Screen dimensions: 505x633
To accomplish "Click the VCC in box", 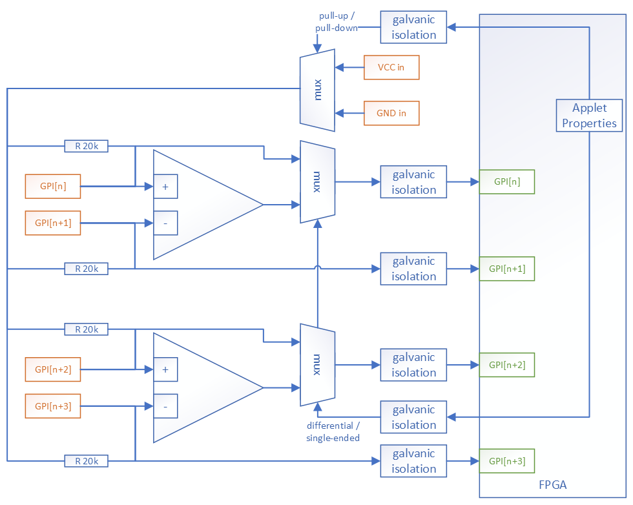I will click(x=391, y=67).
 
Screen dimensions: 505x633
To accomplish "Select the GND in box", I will click(x=391, y=113).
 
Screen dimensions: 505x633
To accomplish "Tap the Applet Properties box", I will click(x=589, y=116).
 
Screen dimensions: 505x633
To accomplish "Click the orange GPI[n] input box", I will click(x=53, y=186).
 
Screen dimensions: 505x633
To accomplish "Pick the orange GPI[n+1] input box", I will click(x=53, y=223).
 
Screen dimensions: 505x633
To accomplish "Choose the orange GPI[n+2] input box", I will click(x=53, y=369).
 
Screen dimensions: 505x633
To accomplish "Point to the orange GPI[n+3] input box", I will click(x=53, y=406).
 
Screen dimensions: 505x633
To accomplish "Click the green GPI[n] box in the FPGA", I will click(x=506, y=181).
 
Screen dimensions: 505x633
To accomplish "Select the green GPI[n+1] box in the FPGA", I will click(x=506, y=269).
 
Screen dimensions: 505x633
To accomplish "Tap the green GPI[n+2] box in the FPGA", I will click(x=506, y=365).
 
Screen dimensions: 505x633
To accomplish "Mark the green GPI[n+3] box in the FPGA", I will click(x=506, y=461).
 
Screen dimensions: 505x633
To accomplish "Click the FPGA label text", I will click(x=552, y=485).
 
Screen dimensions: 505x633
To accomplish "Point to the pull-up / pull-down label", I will click(x=336, y=21).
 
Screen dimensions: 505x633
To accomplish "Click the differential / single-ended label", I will click(x=333, y=432).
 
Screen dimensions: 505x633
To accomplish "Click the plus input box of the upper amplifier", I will click(x=165, y=187).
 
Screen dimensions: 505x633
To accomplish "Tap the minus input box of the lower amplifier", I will click(x=165, y=407).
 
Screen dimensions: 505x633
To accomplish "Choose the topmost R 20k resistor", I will click(x=86, y=146).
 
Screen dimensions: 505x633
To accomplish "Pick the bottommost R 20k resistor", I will click(x=86, y=461).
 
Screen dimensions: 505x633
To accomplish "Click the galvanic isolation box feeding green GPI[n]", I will click(x=413, y=182).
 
